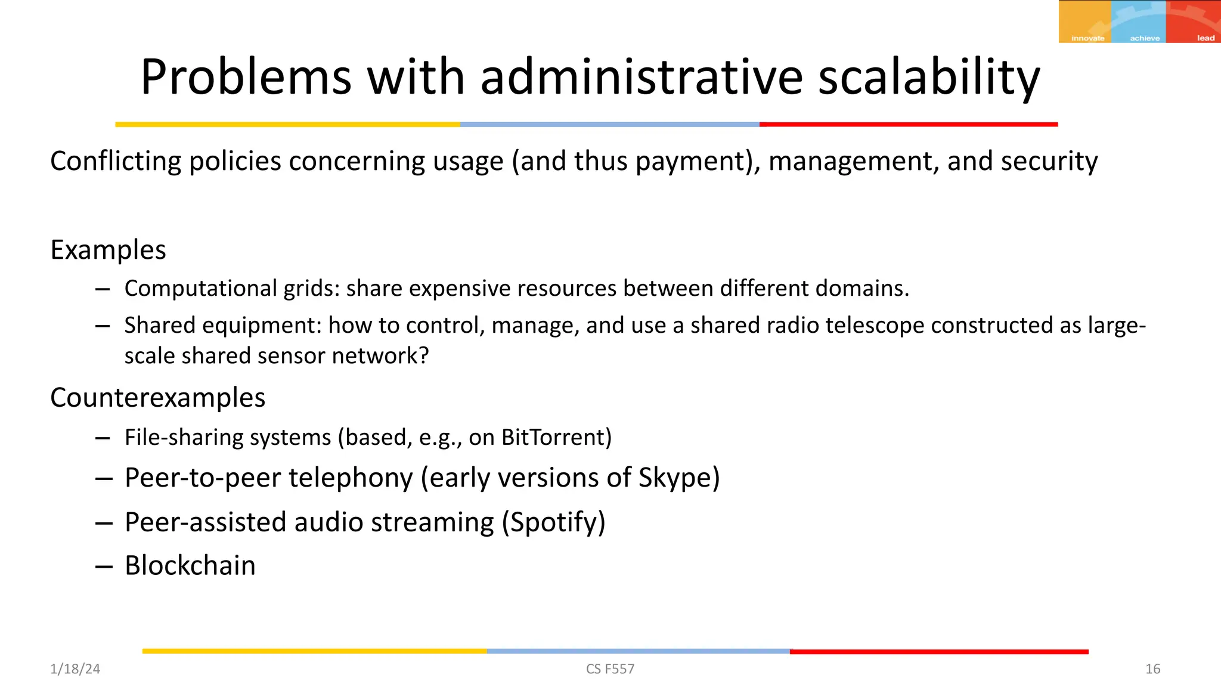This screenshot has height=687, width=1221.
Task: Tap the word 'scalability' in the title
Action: click(929, 78)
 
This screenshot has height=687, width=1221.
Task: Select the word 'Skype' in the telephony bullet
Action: click(675, 478)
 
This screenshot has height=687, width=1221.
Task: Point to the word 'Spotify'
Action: click(553, 522)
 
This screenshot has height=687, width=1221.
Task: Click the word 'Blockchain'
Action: click(190, 565)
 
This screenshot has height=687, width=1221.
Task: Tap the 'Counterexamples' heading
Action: click(158, 397)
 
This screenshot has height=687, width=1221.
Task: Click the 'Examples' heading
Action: click(108, 249)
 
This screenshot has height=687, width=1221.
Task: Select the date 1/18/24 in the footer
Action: click(75, 669)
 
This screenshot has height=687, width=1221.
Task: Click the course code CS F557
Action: click(610, 669)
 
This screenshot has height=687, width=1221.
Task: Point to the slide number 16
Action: click(1152, 669)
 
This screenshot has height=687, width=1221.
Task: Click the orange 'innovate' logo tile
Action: click(1085, 21)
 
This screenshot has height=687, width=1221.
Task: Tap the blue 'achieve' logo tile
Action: click(1138, 21)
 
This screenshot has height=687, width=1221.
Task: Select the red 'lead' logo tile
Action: click(1194, 21)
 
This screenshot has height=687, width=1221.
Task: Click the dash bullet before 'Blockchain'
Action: click(104, 567)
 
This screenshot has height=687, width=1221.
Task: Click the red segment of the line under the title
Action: click(908, 125)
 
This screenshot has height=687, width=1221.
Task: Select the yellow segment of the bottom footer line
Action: click(314, 651)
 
